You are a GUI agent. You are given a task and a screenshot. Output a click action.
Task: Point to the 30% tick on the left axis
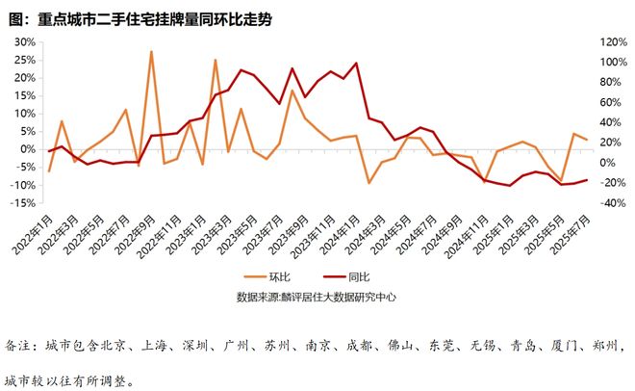pos(22,43)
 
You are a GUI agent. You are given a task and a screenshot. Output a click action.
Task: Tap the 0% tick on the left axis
pos(26,149)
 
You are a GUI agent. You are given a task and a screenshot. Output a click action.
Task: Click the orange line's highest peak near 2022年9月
pos(151,52)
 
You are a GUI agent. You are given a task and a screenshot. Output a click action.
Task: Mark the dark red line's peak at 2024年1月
pos(356,64)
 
